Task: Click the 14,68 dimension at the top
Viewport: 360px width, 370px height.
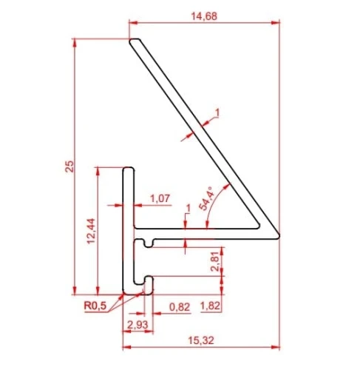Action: pyautogui.click(x=204, y=16)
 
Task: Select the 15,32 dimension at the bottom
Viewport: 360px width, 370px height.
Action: pyautogui.click(x=201, y=340)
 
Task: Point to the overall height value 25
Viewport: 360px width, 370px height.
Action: pyautogui.click(x=69, y=166)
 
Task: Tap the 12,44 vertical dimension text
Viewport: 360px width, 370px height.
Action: pyautogui.click(x=91, y=231)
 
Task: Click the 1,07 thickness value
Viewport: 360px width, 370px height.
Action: pyautogui.click(x=160, y=198)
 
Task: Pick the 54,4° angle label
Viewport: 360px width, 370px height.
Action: pyautogui.click(x=207, y=198)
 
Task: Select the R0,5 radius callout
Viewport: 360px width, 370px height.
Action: pyautogui.click(x=95, y=306)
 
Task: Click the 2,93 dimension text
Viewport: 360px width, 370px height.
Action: pyautogui.click(x=137, y=325)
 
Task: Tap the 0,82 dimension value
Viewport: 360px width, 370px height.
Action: pyautogui.click(x=180, y=307)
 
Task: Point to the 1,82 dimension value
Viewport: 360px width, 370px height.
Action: pyautogui.click(x=210, y=306)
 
